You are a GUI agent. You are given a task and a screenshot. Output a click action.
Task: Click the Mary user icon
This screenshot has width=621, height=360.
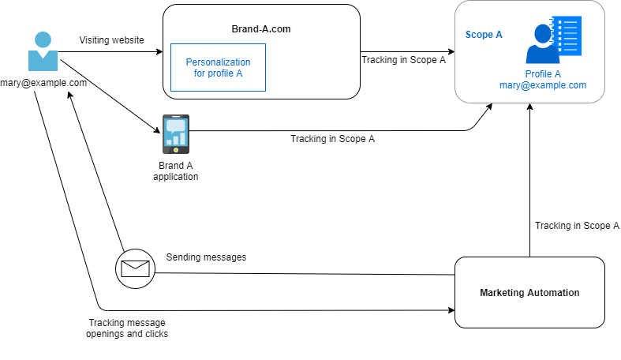coord(43,52)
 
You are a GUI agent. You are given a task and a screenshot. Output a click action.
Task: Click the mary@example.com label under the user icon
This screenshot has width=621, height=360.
coord(43,82)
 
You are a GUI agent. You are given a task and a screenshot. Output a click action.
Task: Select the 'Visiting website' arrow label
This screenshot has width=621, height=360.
coord(111,39)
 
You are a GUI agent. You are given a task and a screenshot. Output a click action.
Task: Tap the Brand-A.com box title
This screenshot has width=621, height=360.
coord(262,28)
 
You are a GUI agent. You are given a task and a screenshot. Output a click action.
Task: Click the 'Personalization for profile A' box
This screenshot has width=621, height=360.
coord(218,68)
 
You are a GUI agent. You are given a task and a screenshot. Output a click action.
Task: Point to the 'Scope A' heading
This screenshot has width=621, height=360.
coord(484,35)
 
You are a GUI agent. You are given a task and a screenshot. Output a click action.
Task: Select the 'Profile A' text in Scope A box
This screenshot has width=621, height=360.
coord(543,74)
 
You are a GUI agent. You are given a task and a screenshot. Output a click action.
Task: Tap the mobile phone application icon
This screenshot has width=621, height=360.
coord(175,133)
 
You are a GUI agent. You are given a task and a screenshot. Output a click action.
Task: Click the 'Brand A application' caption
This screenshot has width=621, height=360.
coord(175,171)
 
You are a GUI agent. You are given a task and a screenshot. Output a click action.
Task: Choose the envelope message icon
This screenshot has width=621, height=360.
coord(135,268)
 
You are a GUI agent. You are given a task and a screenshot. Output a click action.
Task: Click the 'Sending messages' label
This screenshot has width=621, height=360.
coord(206,257)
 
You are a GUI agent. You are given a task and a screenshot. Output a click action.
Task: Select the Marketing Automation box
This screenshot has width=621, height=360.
coord(529,292)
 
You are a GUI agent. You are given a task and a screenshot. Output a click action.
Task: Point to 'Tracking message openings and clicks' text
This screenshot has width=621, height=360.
coord(127,328)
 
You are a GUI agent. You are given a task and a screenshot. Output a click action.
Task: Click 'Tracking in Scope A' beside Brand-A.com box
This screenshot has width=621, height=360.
coord(403,59)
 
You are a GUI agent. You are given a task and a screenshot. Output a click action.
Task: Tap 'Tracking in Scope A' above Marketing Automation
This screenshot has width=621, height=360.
coord(577,226)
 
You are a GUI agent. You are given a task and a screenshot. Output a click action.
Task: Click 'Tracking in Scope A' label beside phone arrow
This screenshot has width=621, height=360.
coord(332,139)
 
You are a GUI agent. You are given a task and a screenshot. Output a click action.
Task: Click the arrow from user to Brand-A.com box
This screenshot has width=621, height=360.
coord(110,53)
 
